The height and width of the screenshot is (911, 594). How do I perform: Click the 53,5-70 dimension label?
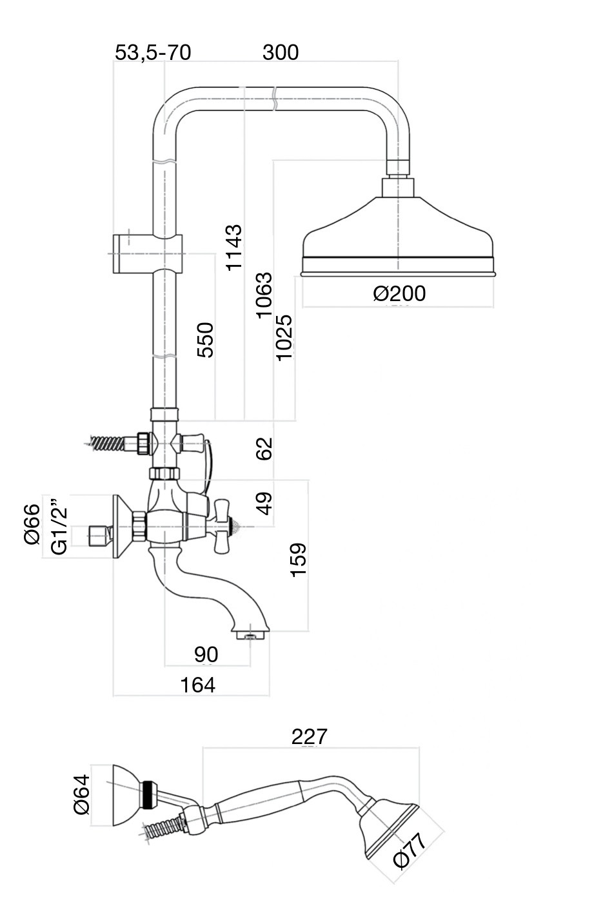[x=153, y=52]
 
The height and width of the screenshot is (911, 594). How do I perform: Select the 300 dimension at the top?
[x=281, y=52]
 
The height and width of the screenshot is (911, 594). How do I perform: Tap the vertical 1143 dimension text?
[x=234, y=247]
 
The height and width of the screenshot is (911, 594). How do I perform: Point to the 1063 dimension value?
[x=264, y=295]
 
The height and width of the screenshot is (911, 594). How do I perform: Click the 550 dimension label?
[x=205, y=339]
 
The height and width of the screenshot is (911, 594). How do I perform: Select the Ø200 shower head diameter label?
[x=399, y=293]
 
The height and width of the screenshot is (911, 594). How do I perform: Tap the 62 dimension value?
[x=264, y=448]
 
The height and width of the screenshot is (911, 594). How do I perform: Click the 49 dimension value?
[x=264, y=504]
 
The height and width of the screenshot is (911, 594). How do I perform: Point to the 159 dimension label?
[x=298, y=560]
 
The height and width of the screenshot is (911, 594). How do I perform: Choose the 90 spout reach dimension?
[x=206, y=654]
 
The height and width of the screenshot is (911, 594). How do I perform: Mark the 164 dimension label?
[x=197, y=685]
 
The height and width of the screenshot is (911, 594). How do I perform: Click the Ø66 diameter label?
[x=32, y=524]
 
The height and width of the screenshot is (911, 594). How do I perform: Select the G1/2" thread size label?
[x=59, y=525]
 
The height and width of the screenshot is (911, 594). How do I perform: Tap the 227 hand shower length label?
[x=310, y=736]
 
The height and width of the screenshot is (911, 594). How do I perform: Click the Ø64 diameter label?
[x=82, y=794]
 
